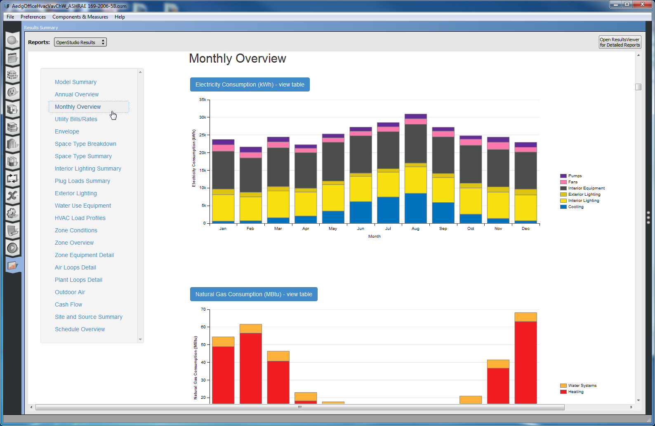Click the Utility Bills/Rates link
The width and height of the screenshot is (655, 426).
(76, 119)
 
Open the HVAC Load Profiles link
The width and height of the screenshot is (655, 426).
(80, 218)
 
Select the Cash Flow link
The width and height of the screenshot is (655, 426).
(68, 304)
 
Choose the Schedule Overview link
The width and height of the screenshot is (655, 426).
(80, 329)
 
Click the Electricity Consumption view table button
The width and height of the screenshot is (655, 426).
(250, 84)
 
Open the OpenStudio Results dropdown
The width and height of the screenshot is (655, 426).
(80, 42)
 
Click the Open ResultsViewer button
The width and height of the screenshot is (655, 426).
(620, 42)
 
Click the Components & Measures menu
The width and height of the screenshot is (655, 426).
(80, 17)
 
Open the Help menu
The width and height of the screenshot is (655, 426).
(120, 17)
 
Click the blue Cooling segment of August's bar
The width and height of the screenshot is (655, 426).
(415, 208)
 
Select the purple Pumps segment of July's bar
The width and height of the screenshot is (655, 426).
(388, 124)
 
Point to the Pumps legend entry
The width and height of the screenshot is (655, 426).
(575, 176)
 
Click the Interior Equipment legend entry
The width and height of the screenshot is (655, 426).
(586, 188)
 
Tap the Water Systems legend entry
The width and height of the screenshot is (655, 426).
(582, 386)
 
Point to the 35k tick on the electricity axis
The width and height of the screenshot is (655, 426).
(203, 100)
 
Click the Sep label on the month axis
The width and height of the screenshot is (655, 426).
(443, 229)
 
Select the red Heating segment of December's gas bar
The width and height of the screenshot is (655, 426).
(525, 363)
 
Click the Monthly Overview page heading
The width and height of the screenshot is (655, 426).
(237, 59)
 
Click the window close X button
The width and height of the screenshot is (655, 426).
(642, 5)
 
